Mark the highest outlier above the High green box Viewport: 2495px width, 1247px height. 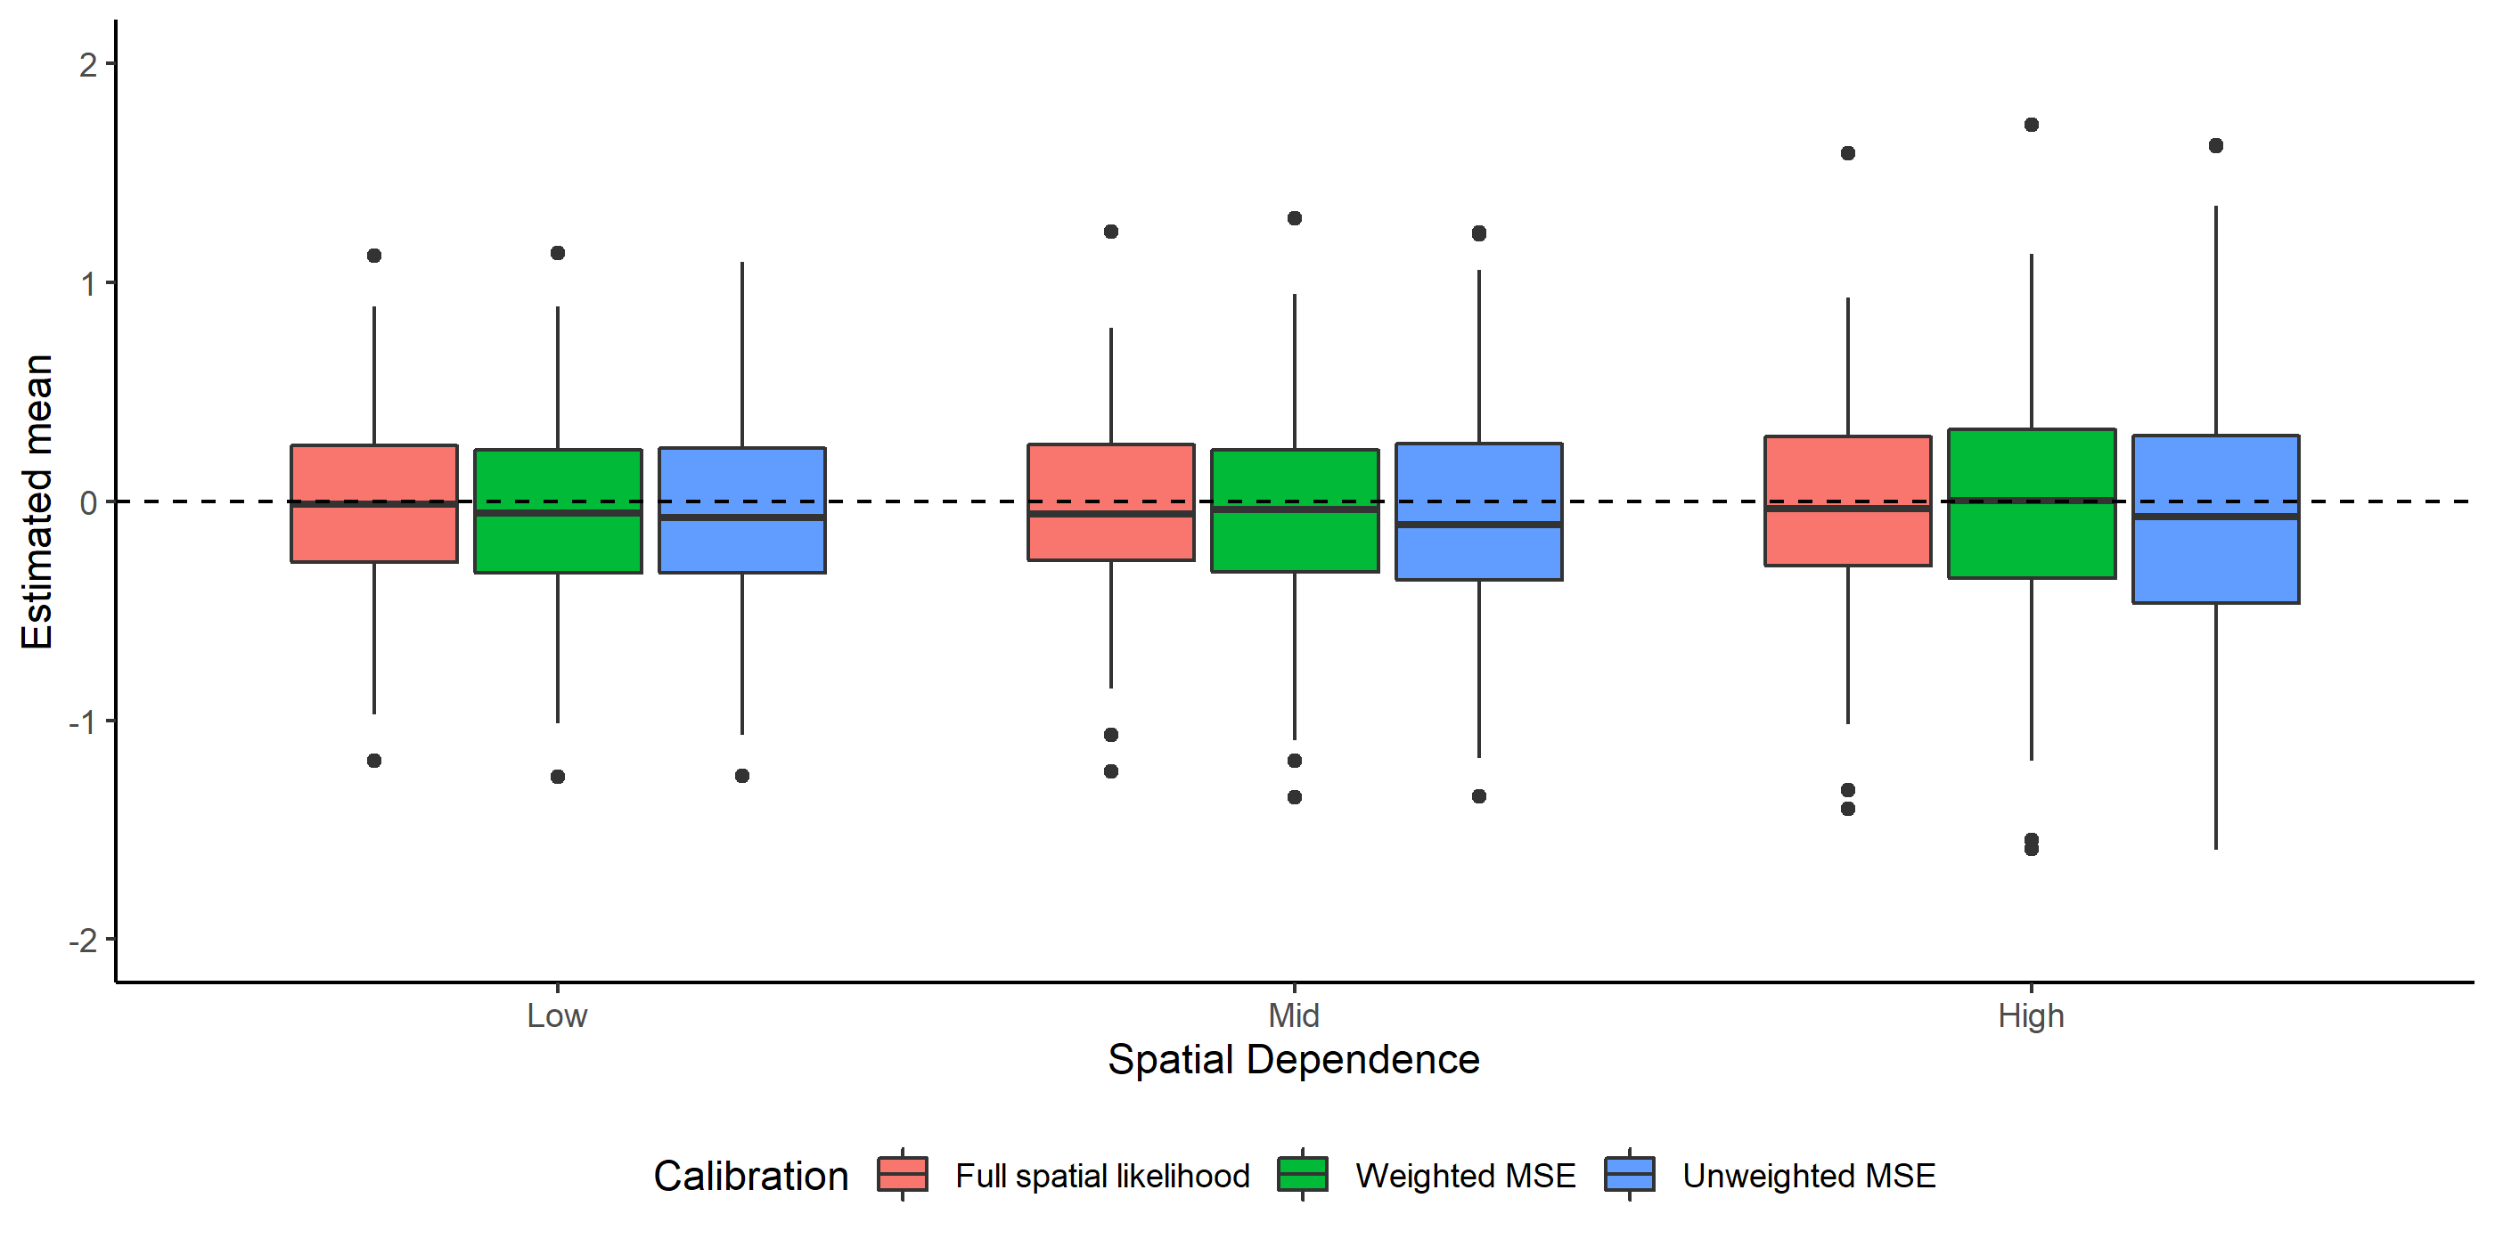click(2032, 125)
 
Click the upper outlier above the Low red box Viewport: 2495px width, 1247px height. click(374, 256)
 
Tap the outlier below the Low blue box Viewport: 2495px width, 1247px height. click(742, 776)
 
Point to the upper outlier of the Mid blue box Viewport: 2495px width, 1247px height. click(1479, 233)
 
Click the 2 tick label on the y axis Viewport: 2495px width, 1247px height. click(88, 66)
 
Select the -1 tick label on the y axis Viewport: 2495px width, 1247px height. click(82, 722)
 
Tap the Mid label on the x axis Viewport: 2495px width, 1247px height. click(1294, 1016)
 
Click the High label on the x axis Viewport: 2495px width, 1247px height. click(2031, 1016)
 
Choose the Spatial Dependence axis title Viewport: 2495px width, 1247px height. click(1294, 1060)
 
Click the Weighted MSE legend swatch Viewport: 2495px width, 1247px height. click(1303, 1174)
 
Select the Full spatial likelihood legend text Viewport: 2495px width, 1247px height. click(1102, 1177)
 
